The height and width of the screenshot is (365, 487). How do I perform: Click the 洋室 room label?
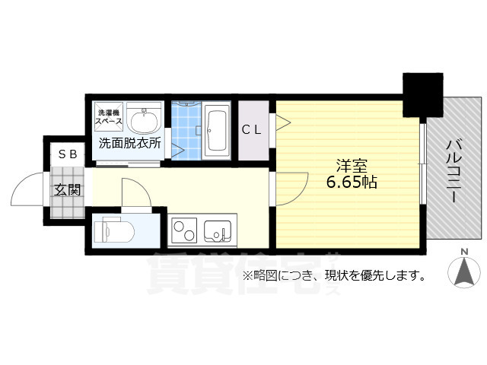(352, 165)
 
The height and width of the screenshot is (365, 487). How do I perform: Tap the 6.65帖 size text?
(352, 182)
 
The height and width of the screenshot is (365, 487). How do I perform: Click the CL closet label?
(252, 130)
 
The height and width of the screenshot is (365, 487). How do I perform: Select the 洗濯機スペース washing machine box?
(107, 117)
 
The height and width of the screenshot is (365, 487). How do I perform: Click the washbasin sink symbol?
(143, 119)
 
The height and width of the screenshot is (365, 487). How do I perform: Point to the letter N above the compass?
(463, 252)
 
